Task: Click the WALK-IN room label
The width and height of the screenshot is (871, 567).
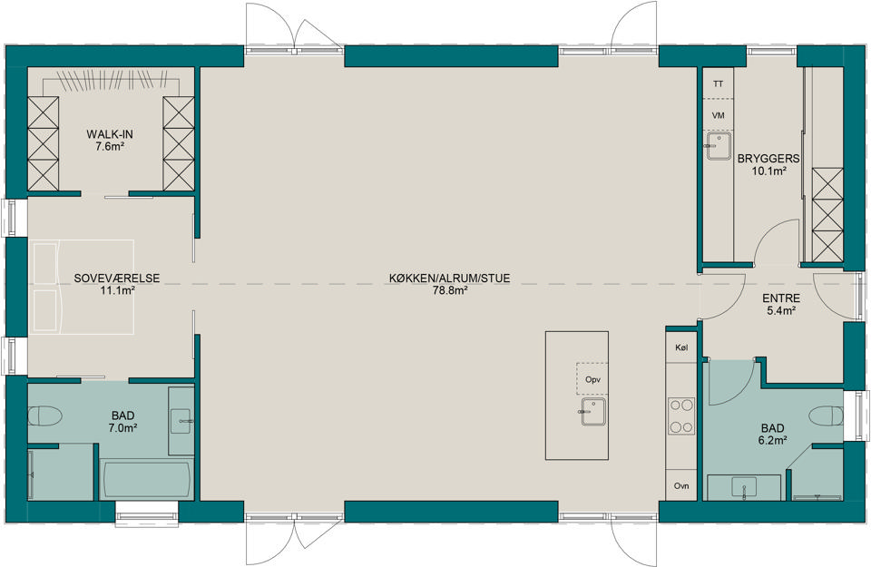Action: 110,134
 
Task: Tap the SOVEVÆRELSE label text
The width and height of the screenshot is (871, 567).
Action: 117,279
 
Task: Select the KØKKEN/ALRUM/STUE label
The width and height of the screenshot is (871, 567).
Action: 449,279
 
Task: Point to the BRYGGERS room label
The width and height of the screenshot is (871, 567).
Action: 768,159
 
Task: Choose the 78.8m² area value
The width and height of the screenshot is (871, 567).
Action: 449,290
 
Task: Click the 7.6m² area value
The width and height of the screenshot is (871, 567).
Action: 110,147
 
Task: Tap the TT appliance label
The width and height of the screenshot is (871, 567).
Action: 719,84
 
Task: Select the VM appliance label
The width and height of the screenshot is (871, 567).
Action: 719,115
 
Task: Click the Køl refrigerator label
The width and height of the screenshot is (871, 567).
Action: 681,347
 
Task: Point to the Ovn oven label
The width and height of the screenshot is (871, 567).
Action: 681,486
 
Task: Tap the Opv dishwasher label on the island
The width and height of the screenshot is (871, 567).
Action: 593,380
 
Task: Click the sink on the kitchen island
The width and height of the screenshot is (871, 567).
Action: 593,412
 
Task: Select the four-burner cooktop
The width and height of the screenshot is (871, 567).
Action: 681,415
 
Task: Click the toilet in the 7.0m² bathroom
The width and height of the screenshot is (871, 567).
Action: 44,415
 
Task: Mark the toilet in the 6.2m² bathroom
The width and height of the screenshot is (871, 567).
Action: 827,415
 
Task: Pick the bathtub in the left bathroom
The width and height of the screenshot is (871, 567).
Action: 146,481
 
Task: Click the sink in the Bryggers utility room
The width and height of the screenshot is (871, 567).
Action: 718,146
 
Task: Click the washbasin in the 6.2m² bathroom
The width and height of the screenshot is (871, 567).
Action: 744,487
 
